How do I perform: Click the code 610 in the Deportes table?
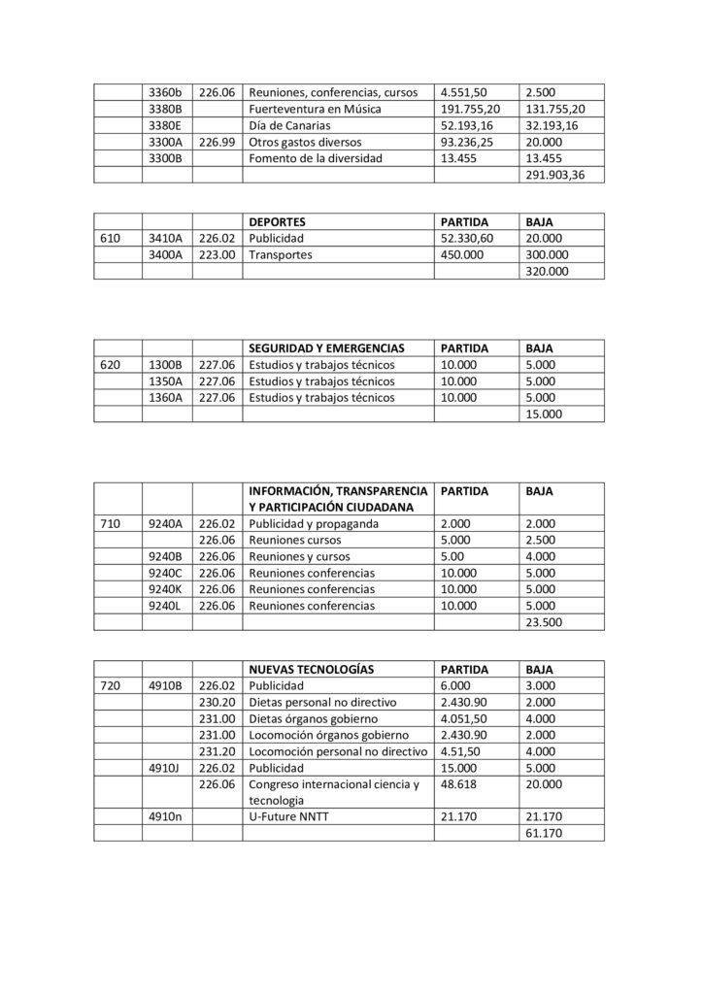[112, 238]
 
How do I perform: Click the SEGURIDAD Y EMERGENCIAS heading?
[326, 348]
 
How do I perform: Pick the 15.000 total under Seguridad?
[544, 414]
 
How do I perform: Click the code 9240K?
[166, 589]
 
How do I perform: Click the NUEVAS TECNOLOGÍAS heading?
[312, 669]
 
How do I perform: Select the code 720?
[112, 685]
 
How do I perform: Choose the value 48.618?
[460, 783]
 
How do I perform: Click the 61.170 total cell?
[544, 834]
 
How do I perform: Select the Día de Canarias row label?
[290, 125]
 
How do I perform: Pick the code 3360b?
[166, 92]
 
